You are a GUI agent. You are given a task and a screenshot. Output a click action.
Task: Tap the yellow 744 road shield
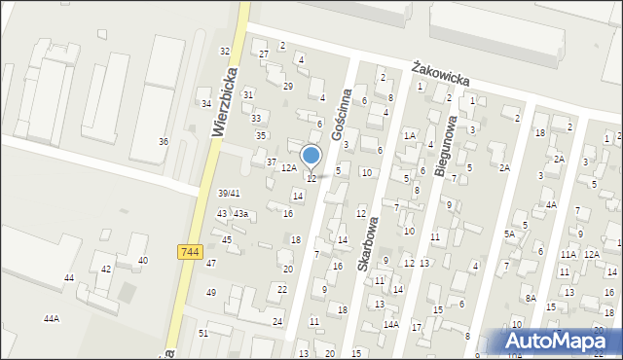click(192, 252)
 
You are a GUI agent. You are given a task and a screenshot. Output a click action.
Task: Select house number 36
click(164, 142)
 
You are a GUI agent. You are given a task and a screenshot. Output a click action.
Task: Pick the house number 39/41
click(229, 193)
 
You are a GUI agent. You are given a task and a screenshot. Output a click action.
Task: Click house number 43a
click(240, 214)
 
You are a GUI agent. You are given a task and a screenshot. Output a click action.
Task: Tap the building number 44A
click(52, 318)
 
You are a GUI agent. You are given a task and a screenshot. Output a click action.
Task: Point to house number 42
click(106, 269)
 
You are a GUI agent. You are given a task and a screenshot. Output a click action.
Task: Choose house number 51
click(203, 333)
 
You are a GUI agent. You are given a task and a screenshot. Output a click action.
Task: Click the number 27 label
click(263, 54)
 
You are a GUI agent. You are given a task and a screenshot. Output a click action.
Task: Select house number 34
click(205, 103)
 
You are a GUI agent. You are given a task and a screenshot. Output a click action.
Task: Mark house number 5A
click(509, 234)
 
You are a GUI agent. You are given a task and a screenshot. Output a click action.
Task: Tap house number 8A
click(531, 298)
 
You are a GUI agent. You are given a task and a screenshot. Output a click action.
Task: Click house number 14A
click(390, 324)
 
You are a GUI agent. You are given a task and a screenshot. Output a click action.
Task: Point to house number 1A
click(410, 135)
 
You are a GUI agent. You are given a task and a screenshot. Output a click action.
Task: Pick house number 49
click(211, 292)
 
